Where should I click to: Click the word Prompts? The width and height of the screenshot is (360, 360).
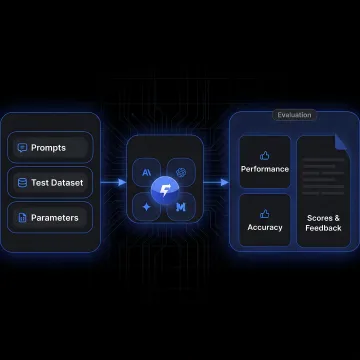tap(48, 148)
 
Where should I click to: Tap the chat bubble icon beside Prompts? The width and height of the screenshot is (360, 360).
tap(22, 148)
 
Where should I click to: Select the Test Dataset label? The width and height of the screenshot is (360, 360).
tap(57, 183)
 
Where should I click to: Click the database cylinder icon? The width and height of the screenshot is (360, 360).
tap(22, 183)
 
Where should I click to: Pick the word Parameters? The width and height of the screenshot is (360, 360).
tap(55, 218)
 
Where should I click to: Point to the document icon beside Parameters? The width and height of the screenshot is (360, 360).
tap(22, 218)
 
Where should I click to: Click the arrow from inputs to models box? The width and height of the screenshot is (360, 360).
tap(114, 182)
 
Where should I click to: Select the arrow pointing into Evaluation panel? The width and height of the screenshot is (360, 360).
tap(216, 182)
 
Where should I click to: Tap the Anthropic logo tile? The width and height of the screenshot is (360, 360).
tap(147, 172)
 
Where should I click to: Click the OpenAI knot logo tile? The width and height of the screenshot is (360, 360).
tap(181, 172)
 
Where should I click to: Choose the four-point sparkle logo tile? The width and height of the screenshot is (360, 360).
tap(147, 207)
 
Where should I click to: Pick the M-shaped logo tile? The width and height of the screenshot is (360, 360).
tap(181, 207)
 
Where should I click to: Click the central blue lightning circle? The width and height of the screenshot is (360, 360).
tap(164, 190)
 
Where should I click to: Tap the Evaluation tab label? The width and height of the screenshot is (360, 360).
tap(294, 115)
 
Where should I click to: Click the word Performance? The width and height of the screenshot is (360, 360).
tap(265, 169)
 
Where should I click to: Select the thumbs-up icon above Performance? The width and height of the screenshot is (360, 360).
tap(265, 155)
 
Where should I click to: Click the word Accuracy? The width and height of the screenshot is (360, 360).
tap(265, 227)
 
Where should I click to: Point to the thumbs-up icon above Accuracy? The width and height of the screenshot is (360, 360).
tap(265, 214)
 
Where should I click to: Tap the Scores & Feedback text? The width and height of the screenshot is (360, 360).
tap(323, 223)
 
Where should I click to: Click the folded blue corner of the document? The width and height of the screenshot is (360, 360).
tap(341, 142)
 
